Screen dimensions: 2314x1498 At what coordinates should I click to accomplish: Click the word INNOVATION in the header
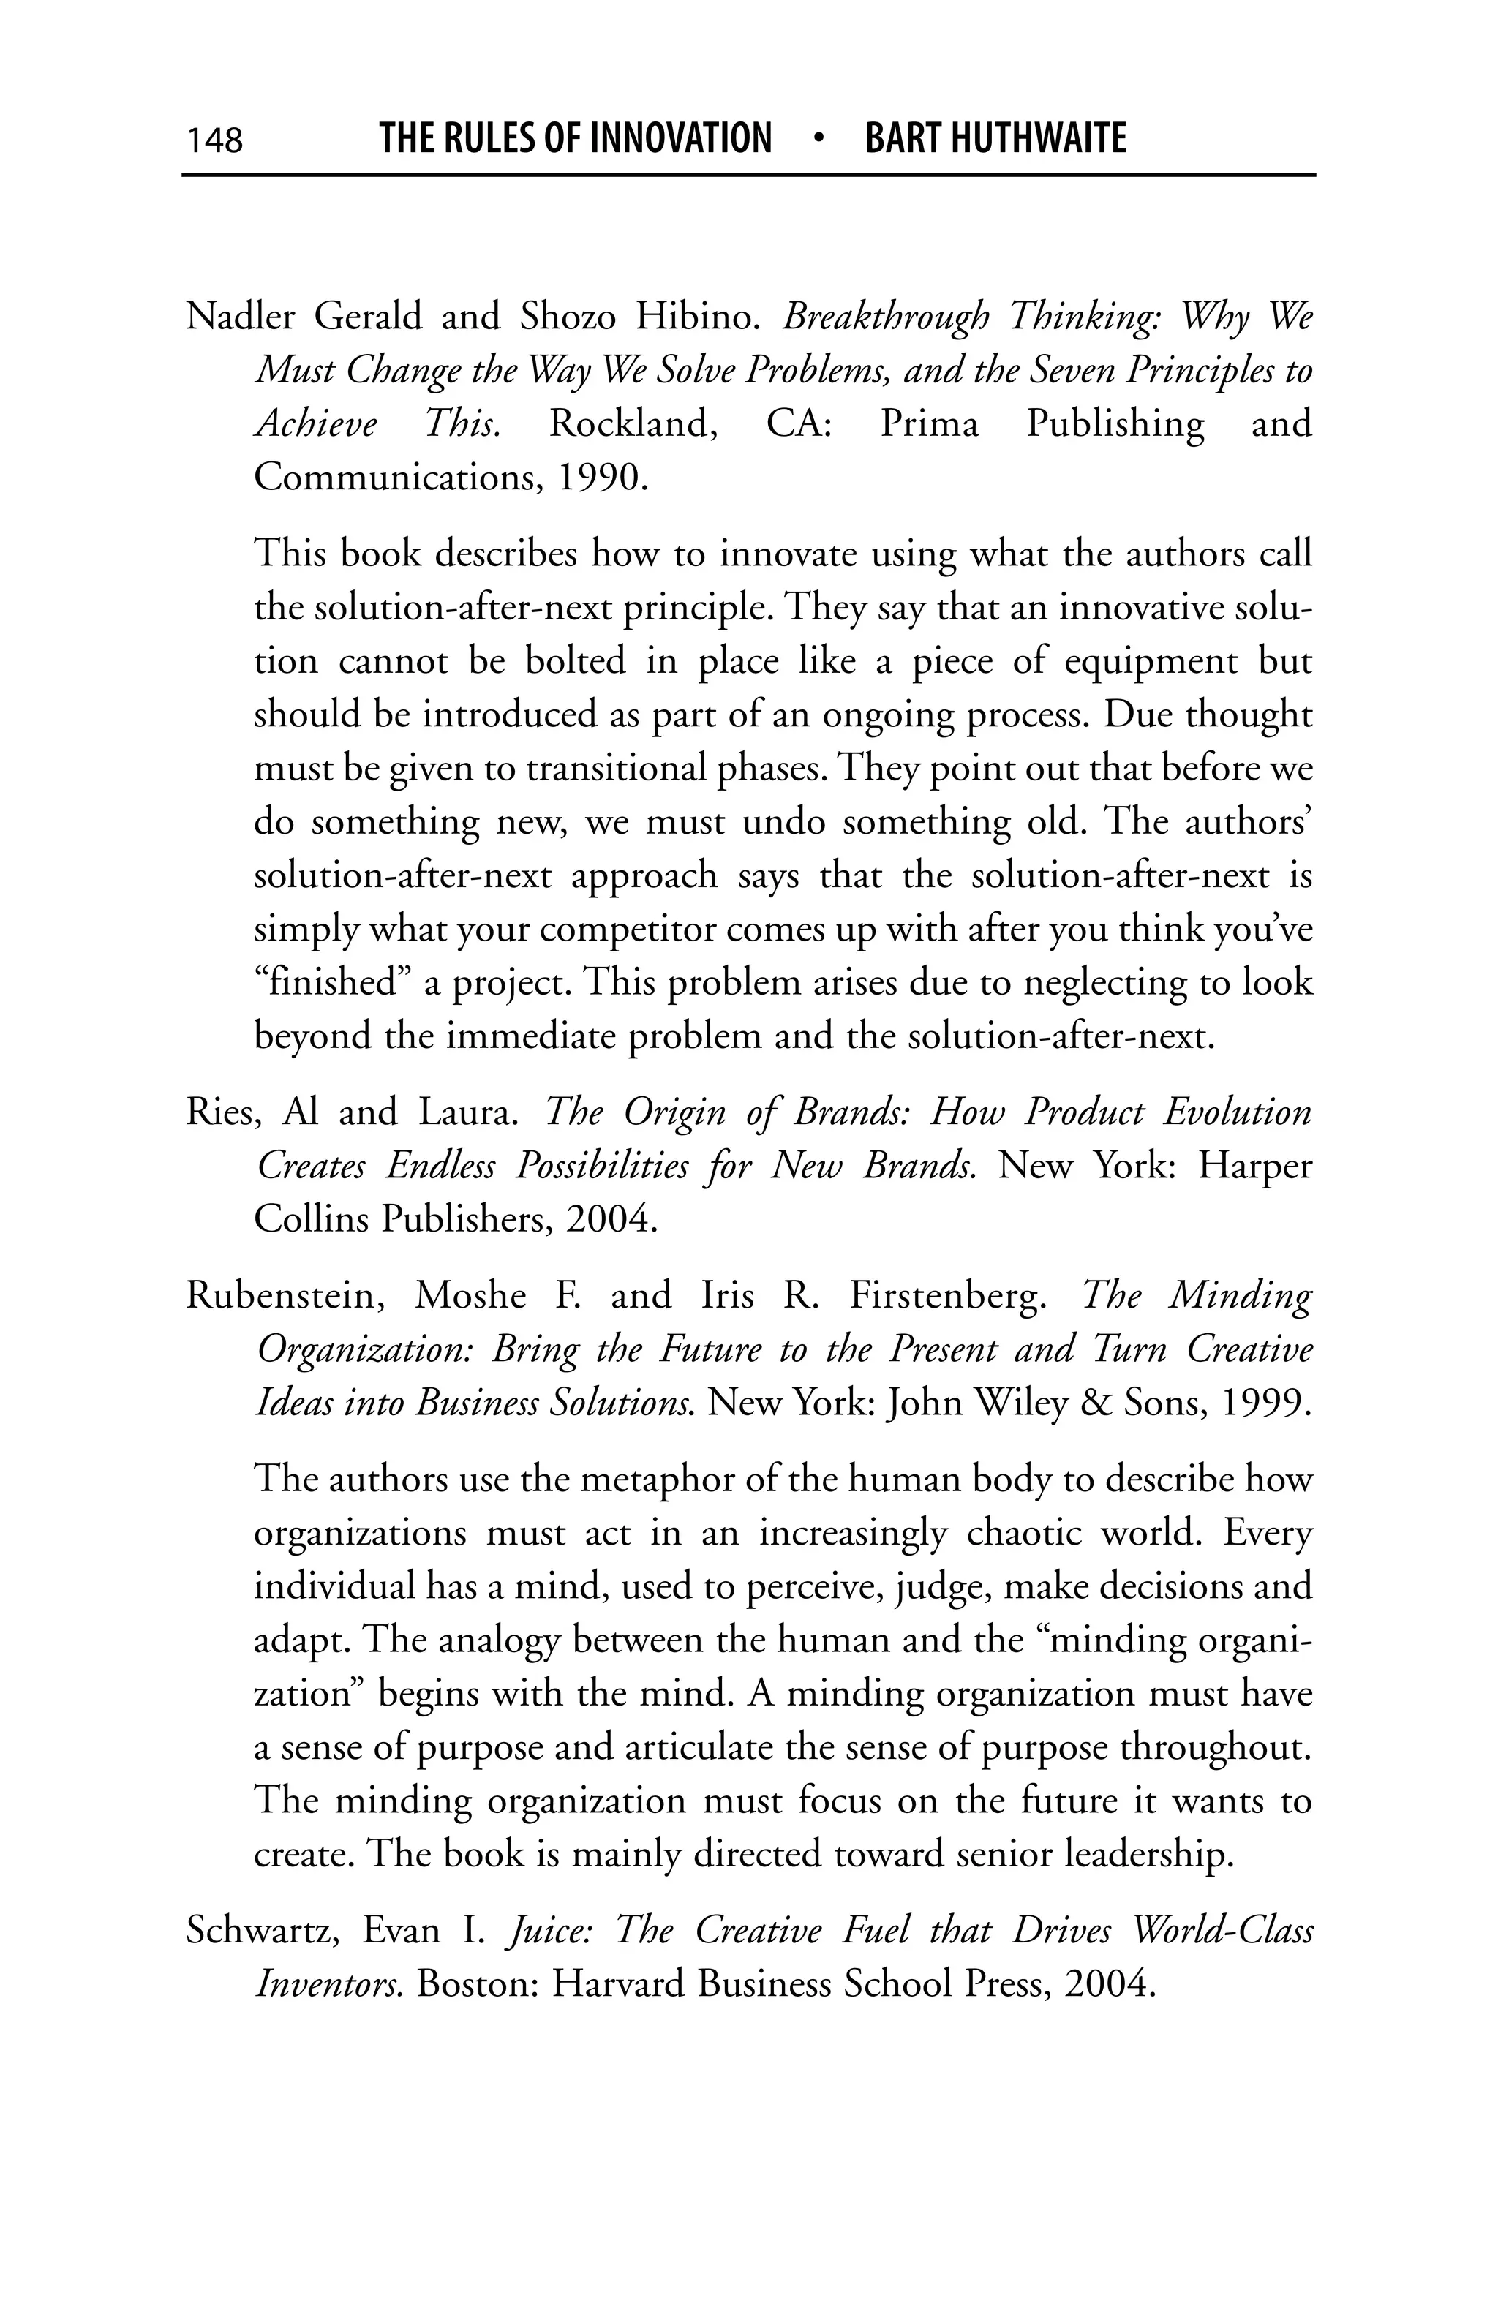point(680,138)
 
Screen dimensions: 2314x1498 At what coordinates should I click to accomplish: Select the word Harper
point(1253,1165)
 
